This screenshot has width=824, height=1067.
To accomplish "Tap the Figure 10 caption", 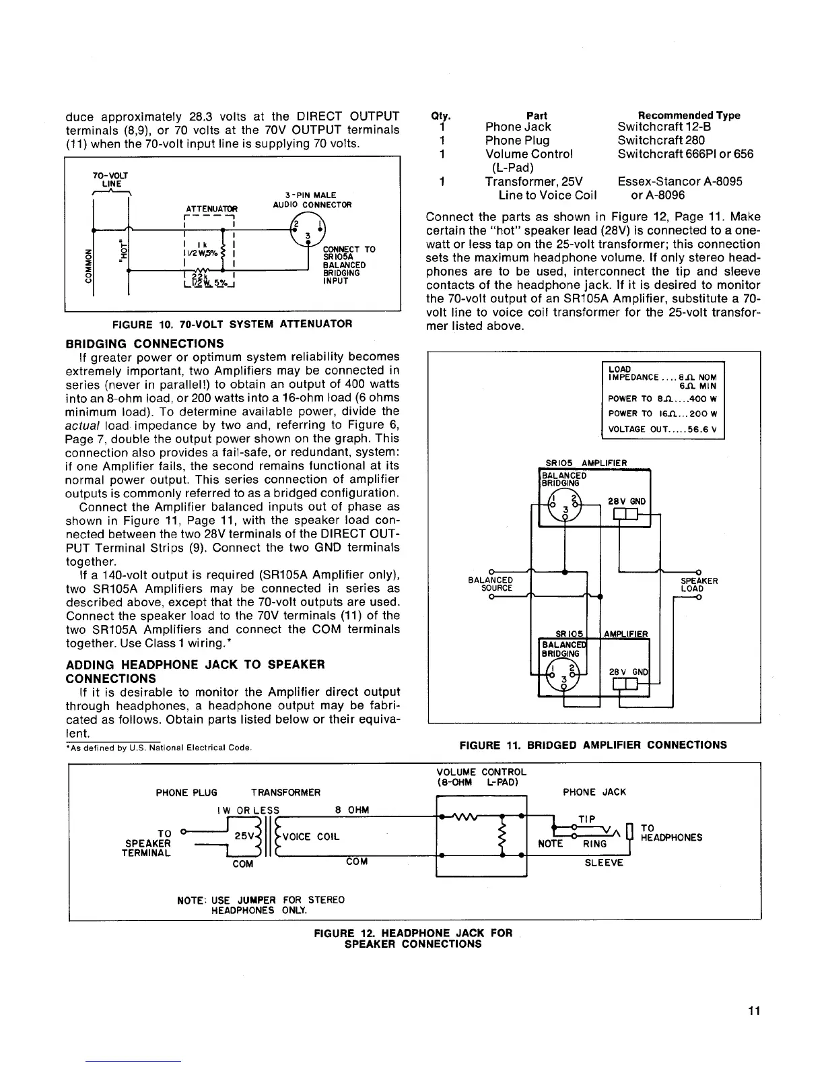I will pyautogui.click(x=233, y=324).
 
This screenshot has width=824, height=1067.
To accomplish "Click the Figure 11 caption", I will pyautogui.click(x=592, y=745).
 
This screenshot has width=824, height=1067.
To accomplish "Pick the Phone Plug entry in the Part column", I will pyautogui.click(x=517, y=140).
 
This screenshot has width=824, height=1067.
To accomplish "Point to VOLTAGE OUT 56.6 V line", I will pyautogui.click(x=662, y=428).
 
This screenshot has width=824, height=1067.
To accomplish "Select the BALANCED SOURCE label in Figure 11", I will pyautogui.click(x=490, y=584).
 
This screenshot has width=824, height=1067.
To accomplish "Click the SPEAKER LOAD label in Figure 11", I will pyautogui.click(x=699, y=584).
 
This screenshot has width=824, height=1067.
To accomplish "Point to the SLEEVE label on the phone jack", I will pyautogui.click(x=603, y=863).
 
